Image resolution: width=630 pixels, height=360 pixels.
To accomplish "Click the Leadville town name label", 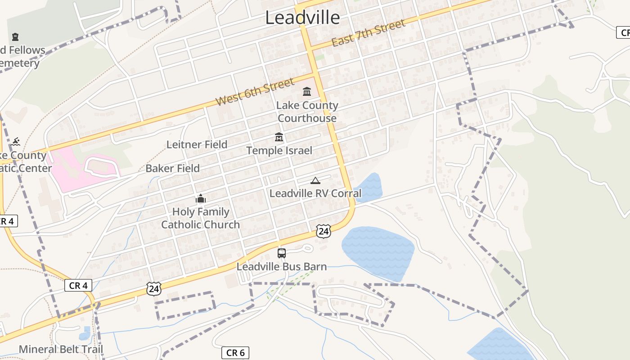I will (302, 18).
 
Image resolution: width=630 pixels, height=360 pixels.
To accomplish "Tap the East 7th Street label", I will (369, 33).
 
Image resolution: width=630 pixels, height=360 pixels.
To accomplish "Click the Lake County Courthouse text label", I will (307, 112).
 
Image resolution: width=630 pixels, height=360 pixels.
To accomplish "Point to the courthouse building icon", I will (307, 92).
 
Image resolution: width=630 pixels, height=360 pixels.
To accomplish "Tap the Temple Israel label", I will (279, 150).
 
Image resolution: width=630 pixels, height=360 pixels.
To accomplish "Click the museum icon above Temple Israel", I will (279, 137).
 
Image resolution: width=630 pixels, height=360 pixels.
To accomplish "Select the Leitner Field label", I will (197, 144).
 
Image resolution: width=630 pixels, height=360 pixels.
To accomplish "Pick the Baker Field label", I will (172, 168).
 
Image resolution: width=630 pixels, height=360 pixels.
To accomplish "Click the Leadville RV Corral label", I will (315, 193).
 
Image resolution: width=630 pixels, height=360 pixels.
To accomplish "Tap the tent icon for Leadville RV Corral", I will (315, 181).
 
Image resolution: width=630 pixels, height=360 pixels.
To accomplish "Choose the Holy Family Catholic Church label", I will (200, 218).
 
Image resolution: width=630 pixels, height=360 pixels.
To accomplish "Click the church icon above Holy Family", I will (200, 198).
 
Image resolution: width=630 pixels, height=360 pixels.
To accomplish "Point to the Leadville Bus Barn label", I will (282, 266).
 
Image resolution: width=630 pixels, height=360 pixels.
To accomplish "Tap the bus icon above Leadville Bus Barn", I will (282, 253).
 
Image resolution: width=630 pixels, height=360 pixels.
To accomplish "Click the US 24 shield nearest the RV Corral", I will (323, 231).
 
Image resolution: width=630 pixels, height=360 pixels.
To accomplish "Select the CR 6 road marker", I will (235, 353).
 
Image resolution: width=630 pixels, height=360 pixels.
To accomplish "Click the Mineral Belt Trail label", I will (61, 349).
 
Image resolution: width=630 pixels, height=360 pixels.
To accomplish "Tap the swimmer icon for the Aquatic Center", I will (16, 142).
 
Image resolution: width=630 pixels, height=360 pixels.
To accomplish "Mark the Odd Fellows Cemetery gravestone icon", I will (16, 36).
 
